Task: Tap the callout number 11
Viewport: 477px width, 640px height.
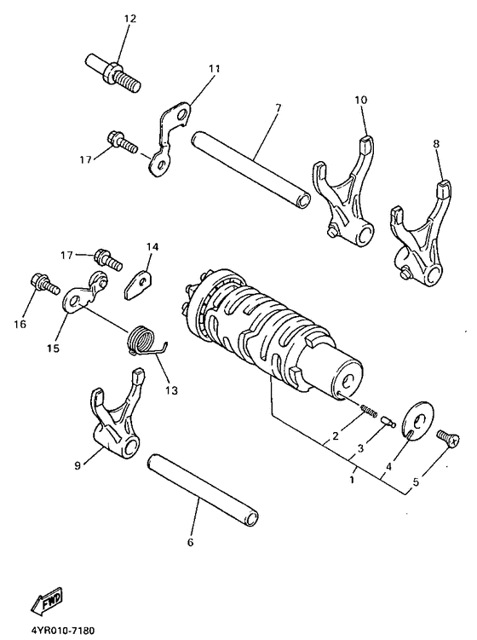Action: (213, 67)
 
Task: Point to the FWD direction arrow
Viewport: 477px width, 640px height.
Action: (44, 604)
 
